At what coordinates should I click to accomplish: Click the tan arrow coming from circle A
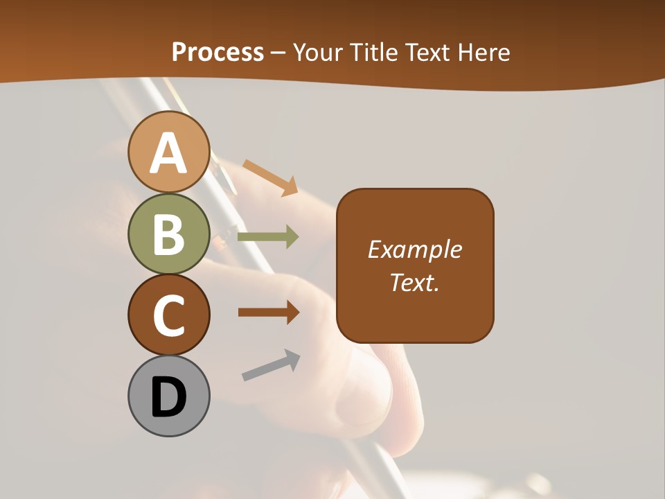point(270,177)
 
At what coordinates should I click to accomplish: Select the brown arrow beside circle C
point(268,313)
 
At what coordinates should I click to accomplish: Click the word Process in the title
point(218,52)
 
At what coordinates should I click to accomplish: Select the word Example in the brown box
point(414,249)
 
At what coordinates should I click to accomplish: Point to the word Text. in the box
point(414,282)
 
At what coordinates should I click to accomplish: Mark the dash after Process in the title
point(278,53)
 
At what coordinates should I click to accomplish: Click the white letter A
point(168,152)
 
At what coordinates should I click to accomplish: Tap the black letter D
point(168,397)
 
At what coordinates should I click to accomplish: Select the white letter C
point(168,315)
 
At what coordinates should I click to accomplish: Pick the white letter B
point(168,234)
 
